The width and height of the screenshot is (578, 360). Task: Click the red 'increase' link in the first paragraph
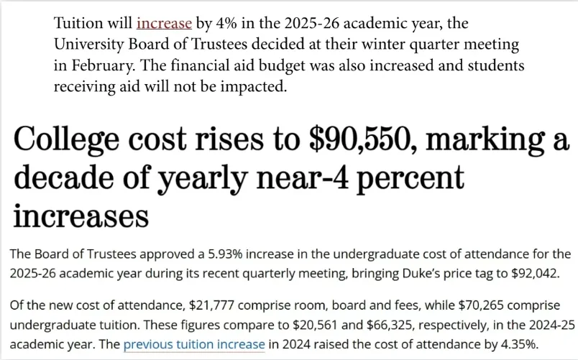coord(164,24)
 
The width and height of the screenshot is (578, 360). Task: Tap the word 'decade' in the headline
coord(64,177)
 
